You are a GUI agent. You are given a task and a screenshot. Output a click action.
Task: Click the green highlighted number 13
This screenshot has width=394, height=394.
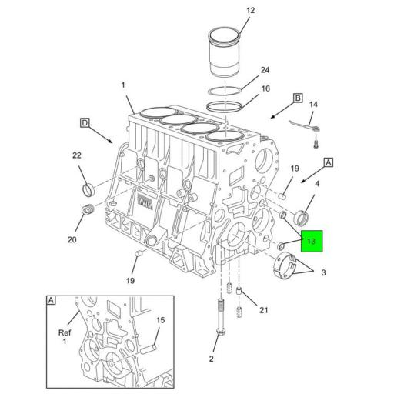pos(311,242)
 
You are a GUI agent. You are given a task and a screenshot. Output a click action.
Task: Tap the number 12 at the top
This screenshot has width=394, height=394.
pos(229,11)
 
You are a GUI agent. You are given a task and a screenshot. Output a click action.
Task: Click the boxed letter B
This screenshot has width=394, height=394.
pos(297,98)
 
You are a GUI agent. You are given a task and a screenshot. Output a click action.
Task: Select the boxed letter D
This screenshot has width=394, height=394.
pos(85,122)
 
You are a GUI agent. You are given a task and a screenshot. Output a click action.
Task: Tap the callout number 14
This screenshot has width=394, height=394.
pos(313,104)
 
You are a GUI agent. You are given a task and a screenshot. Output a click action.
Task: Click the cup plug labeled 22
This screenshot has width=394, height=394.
pos(88,190)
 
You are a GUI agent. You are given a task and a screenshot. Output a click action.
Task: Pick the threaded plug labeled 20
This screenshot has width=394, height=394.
pos(86,212)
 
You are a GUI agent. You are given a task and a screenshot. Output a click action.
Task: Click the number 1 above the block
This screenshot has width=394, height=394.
pos(122,85)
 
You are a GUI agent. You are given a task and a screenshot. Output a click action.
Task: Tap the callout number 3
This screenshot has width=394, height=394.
pos(324,272)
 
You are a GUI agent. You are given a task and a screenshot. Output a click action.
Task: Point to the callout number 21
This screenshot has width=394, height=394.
pos(263,310)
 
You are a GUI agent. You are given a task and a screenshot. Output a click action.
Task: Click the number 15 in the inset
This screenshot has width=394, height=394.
pos(160,320)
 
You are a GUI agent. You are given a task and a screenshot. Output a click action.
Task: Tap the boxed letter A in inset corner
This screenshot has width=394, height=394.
pos(52,301)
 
